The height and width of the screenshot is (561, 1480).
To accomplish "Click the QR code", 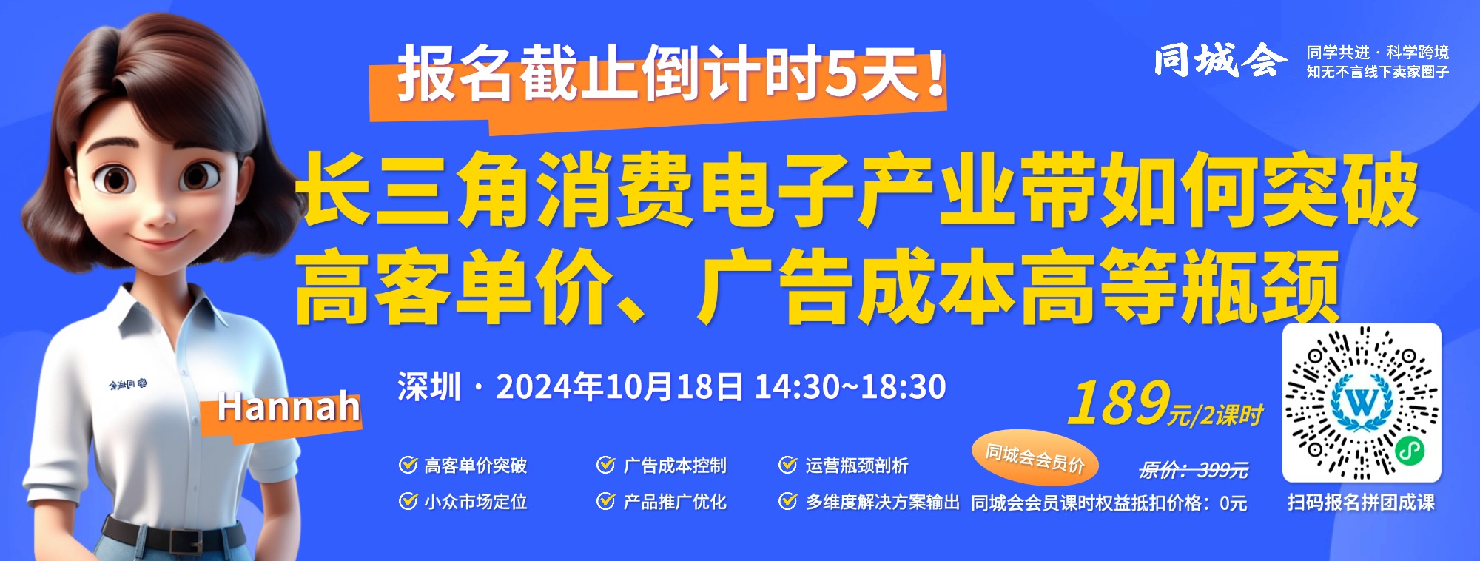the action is pyautogui.click(x=1362, y=403).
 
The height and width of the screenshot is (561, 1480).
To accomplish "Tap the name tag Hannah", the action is pyautogui.click(x=289, y=408).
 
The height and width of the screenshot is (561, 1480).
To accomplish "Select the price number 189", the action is pyautogui.click(x=1119, y=403).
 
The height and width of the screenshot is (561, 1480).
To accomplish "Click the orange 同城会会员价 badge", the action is pyautogui.click(x=1035, y=457).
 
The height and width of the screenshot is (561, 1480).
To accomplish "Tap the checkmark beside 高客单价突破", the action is pyautogui.click(x=408, y=465).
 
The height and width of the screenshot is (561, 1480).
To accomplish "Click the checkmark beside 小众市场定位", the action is pyautogui.click(x=408, y=501).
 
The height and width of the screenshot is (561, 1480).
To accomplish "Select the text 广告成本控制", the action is pyautogui.click(x=674, y=466).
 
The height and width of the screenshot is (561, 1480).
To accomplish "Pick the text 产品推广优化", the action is pyautogui.click(x=674, y=502).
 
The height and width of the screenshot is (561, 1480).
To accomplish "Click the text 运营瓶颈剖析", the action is pyautogui.click(x=856, y=466).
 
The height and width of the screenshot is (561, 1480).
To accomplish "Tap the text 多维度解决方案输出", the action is pyautogui.click(x=882, y=502).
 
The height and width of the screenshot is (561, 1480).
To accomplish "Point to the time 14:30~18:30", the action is pyautogui.click(x=850, y=386).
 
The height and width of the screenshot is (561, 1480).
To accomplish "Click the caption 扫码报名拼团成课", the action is pyautogui.click(x=1361, y=503).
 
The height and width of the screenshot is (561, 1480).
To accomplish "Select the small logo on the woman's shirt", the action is pyautogui.click(x=127, y=385).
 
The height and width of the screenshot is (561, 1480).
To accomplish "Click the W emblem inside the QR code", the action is pyautogui.click(x=1362, y=402).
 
